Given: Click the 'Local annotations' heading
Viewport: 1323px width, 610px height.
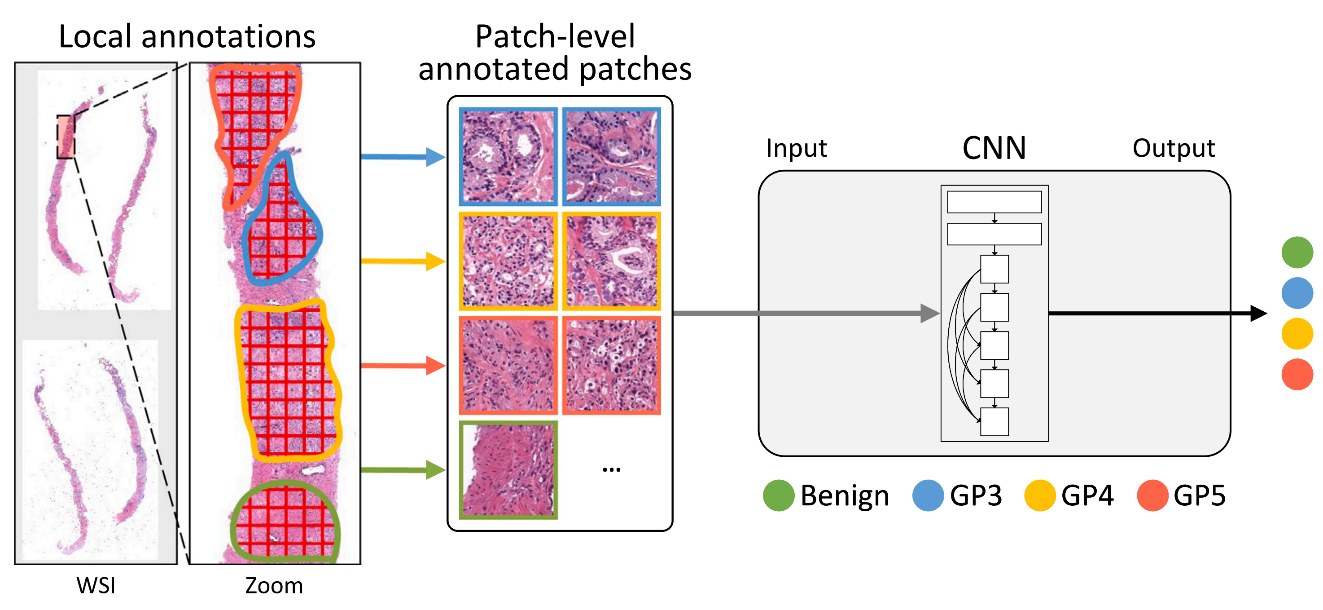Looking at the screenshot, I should tap(187, 37).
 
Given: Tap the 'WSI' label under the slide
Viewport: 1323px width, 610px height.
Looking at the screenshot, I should tap(96, 585).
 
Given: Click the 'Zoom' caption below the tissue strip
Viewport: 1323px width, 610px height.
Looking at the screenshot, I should tap(274, 585).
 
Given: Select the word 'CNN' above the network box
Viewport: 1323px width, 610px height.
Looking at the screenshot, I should tap(994, 149).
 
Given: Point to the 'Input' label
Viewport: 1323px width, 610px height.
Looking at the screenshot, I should tap(796, 149).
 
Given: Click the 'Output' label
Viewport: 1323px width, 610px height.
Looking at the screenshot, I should tap(1174, 149).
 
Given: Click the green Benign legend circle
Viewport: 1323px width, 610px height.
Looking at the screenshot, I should tap(779, 495).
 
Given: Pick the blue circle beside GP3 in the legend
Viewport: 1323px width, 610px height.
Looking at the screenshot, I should tap(928, 495).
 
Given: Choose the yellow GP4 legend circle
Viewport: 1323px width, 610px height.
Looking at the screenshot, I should tap(1039, 495).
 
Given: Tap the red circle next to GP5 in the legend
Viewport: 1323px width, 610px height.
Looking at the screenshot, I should tap(1152, 495).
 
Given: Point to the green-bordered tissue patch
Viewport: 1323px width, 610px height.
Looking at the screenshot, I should tap(508, 470).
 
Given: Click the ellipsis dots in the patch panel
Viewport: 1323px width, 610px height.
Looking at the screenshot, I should tap(611, 470).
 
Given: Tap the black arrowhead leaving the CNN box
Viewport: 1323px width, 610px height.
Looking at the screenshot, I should tap(1258, 313).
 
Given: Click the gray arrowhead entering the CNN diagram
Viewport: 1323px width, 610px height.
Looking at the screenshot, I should tap(929, 313).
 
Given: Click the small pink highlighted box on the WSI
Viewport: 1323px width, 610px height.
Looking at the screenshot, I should tap(66, 137).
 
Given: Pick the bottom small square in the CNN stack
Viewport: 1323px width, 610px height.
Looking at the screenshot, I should tap(994, 421).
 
